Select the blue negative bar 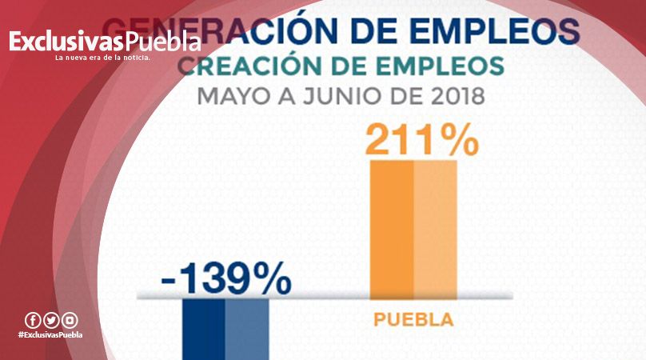[225, 329]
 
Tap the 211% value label [421, 139]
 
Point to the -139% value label [225, 280]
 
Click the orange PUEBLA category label [413, 321]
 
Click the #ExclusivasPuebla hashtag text [50, 334]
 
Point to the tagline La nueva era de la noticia [102, 58]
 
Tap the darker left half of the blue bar [204, 329]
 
